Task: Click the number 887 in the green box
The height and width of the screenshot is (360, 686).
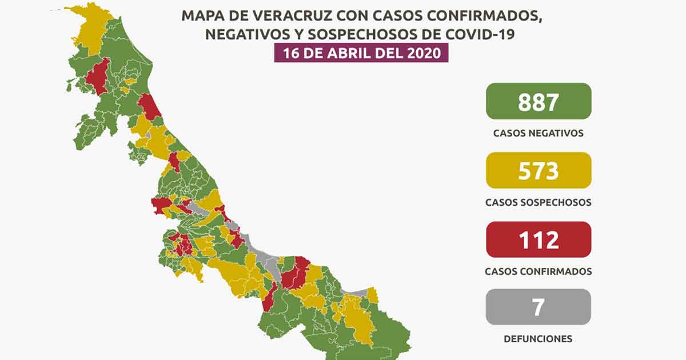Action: click(x=538, y=102)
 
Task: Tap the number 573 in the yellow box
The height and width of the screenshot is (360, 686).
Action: click(x=538, y=170)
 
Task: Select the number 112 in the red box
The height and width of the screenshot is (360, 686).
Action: click(x=538, y=239)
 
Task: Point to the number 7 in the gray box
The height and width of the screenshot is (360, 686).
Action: click(x=538, y=307)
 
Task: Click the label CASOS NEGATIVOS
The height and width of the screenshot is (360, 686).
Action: click(x=538, y=133)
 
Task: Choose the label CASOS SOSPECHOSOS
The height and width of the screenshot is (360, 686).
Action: click(x=538, y=202)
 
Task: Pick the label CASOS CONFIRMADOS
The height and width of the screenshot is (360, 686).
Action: click(x=538, y=271)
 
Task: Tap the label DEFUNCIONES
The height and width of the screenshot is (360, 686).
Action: click(x=538, y=339)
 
